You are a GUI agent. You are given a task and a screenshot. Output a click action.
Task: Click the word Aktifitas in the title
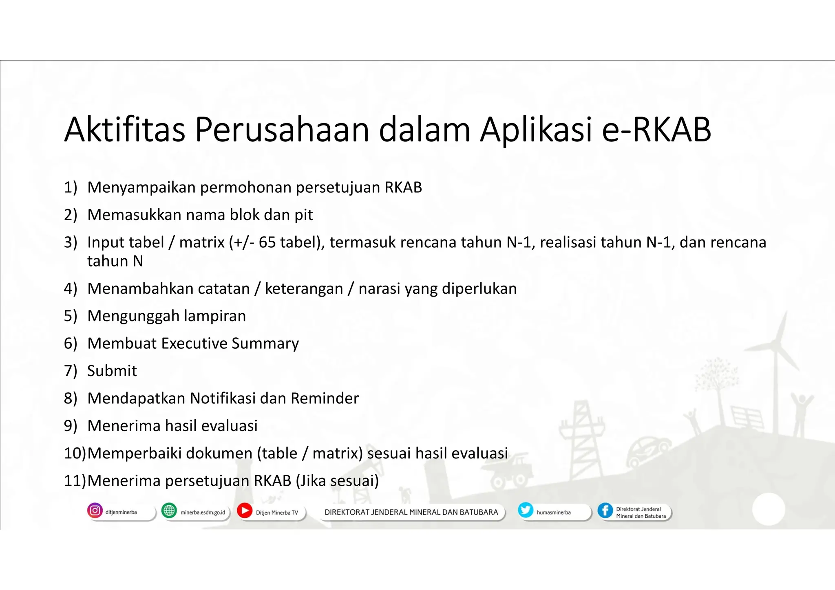tap(125, 130)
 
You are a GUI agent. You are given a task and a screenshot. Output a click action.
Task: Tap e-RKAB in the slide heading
tap(656, 130)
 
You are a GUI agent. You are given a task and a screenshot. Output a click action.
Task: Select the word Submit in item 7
tap(112, 371)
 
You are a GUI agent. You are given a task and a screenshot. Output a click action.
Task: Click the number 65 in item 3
tap(267, 242)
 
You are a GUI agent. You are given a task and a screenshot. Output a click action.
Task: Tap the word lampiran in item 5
tap(215, 316)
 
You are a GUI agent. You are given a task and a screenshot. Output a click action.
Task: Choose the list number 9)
tap(71, 426)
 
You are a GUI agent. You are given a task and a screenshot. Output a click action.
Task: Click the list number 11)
tap(75, 481)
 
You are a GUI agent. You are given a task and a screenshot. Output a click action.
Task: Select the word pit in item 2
tap(304, 215)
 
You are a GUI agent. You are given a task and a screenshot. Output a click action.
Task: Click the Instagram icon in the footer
tap(95, 511)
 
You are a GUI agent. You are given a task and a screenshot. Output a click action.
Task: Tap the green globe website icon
tap(169, 511)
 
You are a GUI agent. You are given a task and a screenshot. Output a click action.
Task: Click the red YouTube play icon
tap(245, 511)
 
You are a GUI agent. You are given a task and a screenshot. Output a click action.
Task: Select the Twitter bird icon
tap(526, 510)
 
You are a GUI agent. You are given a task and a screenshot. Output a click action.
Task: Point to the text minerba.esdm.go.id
tap(203, 513)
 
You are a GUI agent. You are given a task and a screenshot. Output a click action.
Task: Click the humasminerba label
tap(554, 513)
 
